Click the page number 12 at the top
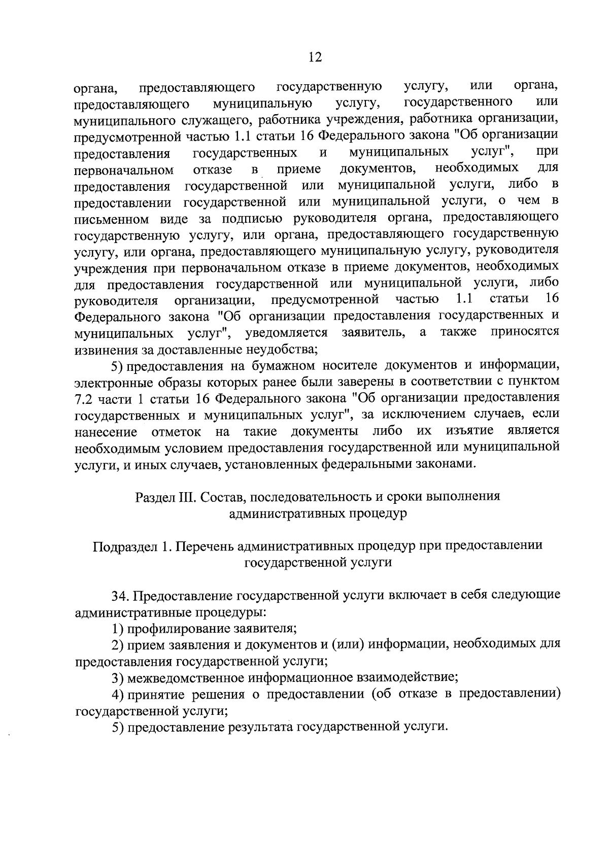(x=315, y=57)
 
